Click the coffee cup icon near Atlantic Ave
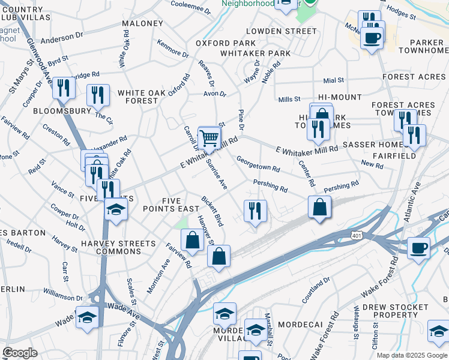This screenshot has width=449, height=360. tap(418, 247)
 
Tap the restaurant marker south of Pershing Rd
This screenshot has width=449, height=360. tap(255, 211)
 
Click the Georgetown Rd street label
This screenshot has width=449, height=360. tap(258, 164)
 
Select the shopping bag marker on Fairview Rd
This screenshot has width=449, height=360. tap(192, 240)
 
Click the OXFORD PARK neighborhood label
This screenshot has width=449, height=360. tap(226, 43)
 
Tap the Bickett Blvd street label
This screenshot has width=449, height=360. tap(212, 211)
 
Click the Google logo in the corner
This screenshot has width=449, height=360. tap(20, 353)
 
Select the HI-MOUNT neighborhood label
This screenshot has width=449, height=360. tap(340, 97)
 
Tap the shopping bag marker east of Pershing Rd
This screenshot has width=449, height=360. tap(320, 208)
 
